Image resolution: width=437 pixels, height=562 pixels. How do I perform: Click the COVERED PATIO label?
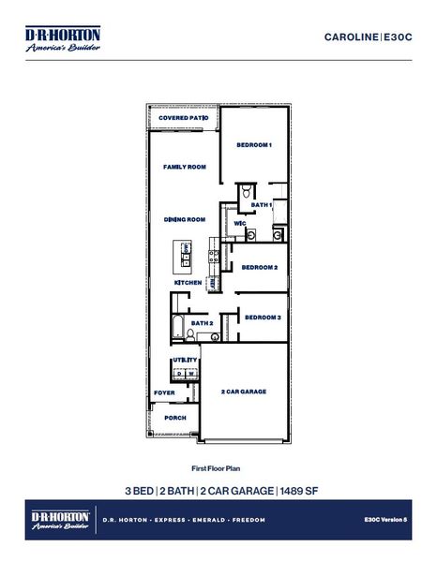tap(183, 119)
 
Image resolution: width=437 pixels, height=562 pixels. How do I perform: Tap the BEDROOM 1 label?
tap(253, 145)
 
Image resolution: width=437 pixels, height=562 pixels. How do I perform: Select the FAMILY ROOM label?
tap(184, 167)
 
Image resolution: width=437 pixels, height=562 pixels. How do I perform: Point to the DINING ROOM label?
tap(184, 219)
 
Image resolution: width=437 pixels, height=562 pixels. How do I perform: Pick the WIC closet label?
tap(240, 224)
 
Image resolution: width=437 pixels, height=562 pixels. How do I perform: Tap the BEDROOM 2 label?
tap(259, 267)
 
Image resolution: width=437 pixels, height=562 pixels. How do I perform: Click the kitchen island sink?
tap(186, 249)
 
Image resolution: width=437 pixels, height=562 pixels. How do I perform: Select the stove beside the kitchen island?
tap(214, 253)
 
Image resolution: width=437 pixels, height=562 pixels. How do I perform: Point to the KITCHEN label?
tap(188, 282)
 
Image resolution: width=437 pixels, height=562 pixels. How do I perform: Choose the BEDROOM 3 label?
tap(263, 318)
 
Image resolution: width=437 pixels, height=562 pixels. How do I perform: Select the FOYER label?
tap(165, 392)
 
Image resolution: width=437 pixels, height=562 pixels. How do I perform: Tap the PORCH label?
tap(174, 418)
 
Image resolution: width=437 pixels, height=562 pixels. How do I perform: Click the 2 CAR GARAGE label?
tap(243, 392)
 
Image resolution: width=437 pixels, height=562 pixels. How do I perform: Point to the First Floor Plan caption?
tap(217, 466)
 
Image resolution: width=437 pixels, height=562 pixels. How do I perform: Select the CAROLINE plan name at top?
tap(351, 37)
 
